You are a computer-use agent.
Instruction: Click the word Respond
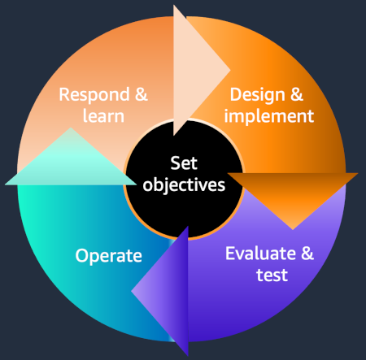coord(94,95)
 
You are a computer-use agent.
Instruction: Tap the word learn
coord(103,115)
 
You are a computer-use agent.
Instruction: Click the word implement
coord(269,117)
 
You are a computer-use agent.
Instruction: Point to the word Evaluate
coord(260,254)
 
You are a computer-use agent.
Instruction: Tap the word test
coord(272,275)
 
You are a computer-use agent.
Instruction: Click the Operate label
coord(108,256)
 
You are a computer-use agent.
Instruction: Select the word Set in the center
coord(184,163)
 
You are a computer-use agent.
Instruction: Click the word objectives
coord(184,185)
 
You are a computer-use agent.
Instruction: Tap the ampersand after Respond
coord(142,94)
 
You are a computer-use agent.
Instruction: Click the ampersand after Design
coord(297,94)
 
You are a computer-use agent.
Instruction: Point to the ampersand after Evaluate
coord(307,254)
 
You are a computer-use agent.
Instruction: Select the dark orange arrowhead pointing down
coord(293,195)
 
